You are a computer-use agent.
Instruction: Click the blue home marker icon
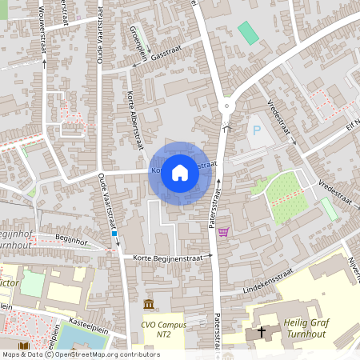point(180,172)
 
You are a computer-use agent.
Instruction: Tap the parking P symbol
point(257,130)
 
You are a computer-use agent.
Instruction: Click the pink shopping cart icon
point(223,232)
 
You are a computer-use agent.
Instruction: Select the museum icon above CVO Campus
point(149,305)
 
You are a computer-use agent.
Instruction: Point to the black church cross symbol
point(262,332)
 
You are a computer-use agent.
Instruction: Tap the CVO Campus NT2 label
point(164,330)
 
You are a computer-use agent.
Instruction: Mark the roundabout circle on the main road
point(227,105)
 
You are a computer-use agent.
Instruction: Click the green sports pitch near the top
point(249,33)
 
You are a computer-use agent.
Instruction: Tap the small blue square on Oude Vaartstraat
point(114,235)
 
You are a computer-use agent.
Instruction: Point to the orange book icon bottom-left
point(24,346)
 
